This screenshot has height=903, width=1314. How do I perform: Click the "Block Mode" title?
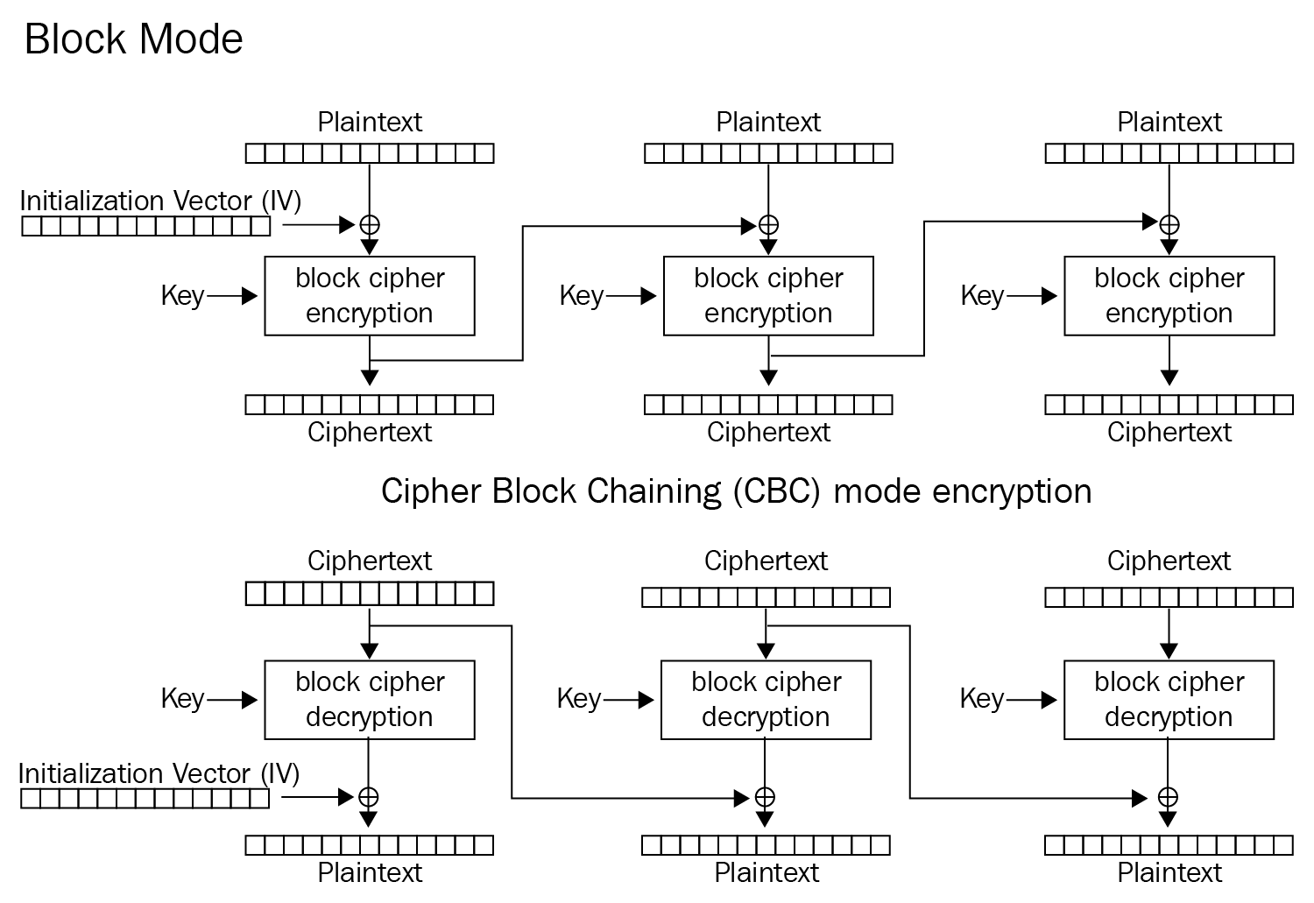coord(134,39)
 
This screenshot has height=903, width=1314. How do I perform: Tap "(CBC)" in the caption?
coord(777,491)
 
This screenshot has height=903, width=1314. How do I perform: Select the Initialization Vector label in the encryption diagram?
coord(160,201)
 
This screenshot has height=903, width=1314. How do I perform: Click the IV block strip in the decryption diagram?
coord(145,799)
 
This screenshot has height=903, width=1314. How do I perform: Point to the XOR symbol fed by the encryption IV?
coord(370,224)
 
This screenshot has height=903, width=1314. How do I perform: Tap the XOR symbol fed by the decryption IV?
coord(368,797)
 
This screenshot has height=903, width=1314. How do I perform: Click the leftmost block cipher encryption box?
coord(370,296)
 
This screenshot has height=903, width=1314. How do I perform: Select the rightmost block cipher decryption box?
coord(1169,700)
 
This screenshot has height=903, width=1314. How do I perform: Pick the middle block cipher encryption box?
coord(768,296)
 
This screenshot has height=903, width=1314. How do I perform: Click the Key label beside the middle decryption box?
coord(579,699)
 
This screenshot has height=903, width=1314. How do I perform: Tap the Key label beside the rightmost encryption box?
coord(982,296)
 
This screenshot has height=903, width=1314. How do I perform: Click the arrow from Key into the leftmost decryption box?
coord(232,700)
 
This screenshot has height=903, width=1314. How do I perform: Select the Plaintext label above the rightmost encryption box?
coord(1169,123)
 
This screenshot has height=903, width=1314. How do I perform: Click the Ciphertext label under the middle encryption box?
coord(768,433)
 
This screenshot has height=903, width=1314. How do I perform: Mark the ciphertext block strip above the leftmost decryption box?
coord(370,594)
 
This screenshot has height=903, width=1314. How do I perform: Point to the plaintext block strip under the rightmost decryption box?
coord(1169,845)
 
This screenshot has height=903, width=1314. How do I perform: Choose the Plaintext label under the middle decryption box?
coord(766,873)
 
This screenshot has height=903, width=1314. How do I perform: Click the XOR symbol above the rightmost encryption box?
coord(1169,224)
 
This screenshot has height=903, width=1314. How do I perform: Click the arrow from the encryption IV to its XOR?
coord(319,224)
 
